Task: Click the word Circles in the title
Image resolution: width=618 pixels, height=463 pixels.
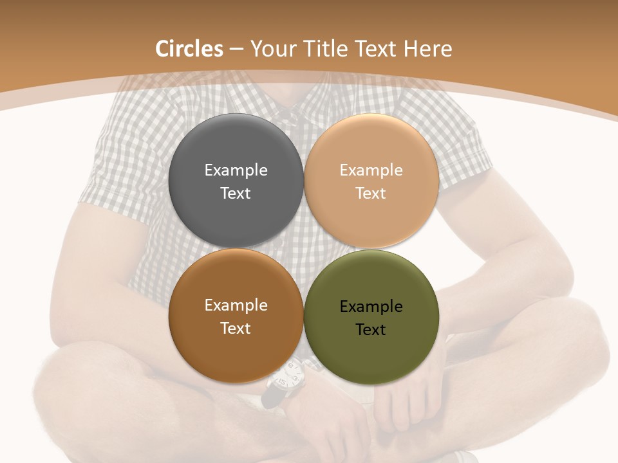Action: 189,49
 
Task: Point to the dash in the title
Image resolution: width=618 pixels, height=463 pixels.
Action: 236,50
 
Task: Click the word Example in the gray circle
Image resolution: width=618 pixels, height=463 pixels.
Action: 236,170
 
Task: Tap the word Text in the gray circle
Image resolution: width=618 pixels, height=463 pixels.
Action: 236,194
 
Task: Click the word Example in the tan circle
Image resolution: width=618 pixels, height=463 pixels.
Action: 371,170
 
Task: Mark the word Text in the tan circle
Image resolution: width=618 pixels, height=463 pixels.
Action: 371,194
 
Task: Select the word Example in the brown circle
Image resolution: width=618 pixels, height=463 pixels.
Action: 236,305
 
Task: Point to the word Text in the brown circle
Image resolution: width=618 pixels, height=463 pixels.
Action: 236,329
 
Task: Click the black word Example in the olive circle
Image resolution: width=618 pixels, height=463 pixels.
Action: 371,307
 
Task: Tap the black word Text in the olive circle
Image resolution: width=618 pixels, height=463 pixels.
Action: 371,330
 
